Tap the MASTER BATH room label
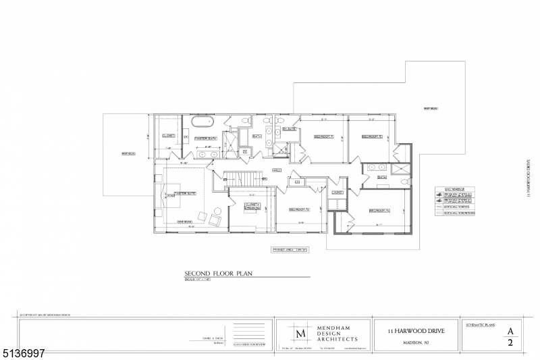pos(205,138)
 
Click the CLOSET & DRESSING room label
pos(252,205)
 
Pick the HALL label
pos(277,170)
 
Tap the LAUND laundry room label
pos(336,192)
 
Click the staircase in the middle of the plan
pos(242,178)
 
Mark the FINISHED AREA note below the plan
pos(290,249)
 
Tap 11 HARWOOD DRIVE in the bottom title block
pos(415,330)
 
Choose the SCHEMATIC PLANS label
pos(481,325)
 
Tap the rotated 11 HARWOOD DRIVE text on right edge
pos(527,177)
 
